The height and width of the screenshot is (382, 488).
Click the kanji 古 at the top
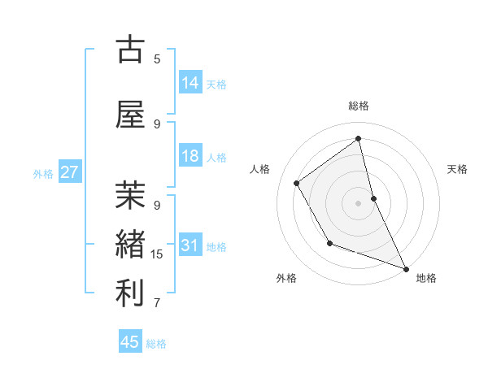(130, 50)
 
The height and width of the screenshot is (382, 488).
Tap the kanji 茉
(130, 196)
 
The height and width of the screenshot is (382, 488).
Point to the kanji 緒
(130, 245)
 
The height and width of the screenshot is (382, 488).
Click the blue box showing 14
(190, 82)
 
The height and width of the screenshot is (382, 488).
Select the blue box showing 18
(190, 156)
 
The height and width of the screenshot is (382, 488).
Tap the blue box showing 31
(190, 245)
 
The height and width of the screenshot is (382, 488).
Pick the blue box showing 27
(69, 172)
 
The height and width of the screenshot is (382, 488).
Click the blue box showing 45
(130, 342)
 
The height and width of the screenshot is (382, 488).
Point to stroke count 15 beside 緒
(157, 254)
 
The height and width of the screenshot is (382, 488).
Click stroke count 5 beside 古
(157, 59)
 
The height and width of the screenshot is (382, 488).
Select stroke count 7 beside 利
(157, 303)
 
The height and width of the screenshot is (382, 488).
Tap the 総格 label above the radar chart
(359, 106)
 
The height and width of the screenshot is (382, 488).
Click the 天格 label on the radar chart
(458, 169)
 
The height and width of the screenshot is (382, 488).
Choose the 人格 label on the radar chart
(259, 169)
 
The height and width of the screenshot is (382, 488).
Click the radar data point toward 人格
(297, 183)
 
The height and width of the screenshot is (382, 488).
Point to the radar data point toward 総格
(359, 138)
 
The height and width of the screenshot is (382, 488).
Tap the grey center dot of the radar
(359, 202)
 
